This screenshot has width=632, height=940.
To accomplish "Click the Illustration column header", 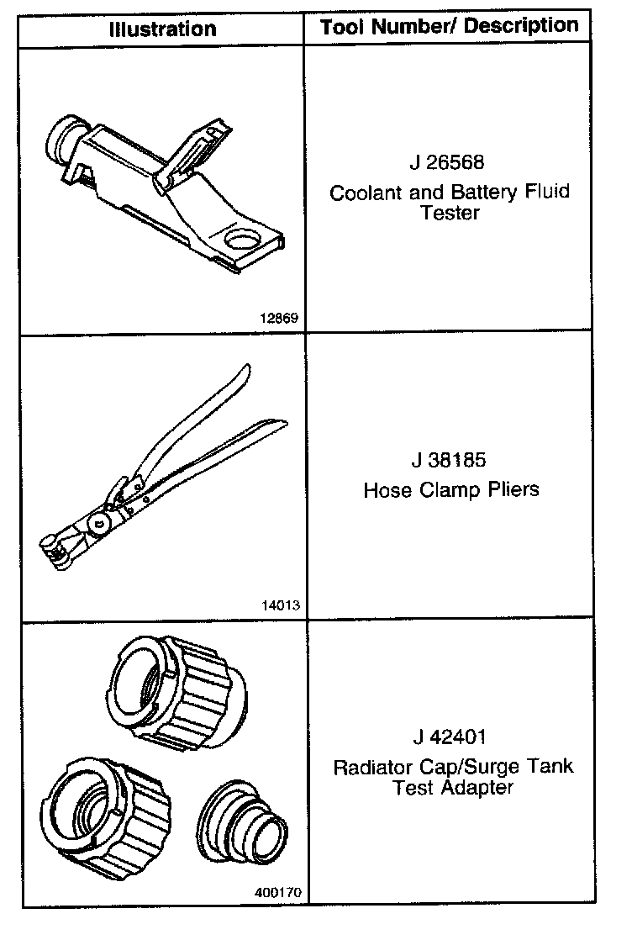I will (162, 29).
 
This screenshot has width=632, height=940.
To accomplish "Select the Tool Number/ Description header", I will (449, 26).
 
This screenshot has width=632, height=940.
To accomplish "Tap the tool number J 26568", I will (449, 162).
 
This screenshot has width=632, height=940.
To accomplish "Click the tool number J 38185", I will (449, 462).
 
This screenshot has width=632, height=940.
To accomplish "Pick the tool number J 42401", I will (449, 738).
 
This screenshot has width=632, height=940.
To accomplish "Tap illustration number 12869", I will (280, 318).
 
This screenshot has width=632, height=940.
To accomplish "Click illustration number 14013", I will (280, 605).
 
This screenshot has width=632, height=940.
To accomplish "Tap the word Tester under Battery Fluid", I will (449, 213).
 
